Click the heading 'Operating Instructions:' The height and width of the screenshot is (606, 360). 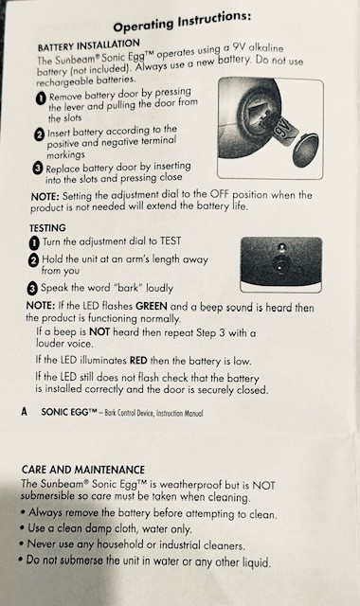(182, 22)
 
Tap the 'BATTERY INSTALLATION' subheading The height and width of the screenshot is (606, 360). (88, 45)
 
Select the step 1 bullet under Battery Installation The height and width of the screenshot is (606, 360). (41, 98)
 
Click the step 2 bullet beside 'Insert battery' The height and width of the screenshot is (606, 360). (39, 134)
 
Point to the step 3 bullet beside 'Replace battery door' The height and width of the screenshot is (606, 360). (38, 169)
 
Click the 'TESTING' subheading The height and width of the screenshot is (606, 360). (47, 228)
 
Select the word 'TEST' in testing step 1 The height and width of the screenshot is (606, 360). (171, 241)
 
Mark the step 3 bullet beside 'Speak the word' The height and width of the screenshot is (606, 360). (32, 288)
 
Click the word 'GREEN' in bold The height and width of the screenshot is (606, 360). (152, 307)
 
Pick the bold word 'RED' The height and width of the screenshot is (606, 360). (138, 361)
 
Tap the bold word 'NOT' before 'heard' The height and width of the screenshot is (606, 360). (99, 332)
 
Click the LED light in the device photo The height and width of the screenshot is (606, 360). (282, 246)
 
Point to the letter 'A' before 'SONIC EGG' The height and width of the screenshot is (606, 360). (25, 412)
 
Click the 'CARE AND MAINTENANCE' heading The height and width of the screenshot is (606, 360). (83, 470)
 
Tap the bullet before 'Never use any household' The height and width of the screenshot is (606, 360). (22, 544)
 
